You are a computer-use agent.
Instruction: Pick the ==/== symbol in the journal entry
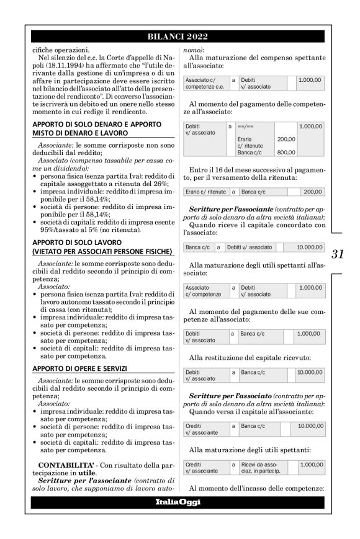pyautogui.click(x=246, y=126)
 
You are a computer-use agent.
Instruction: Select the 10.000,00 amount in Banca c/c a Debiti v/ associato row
pyautogui.click(x=308, y=247)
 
